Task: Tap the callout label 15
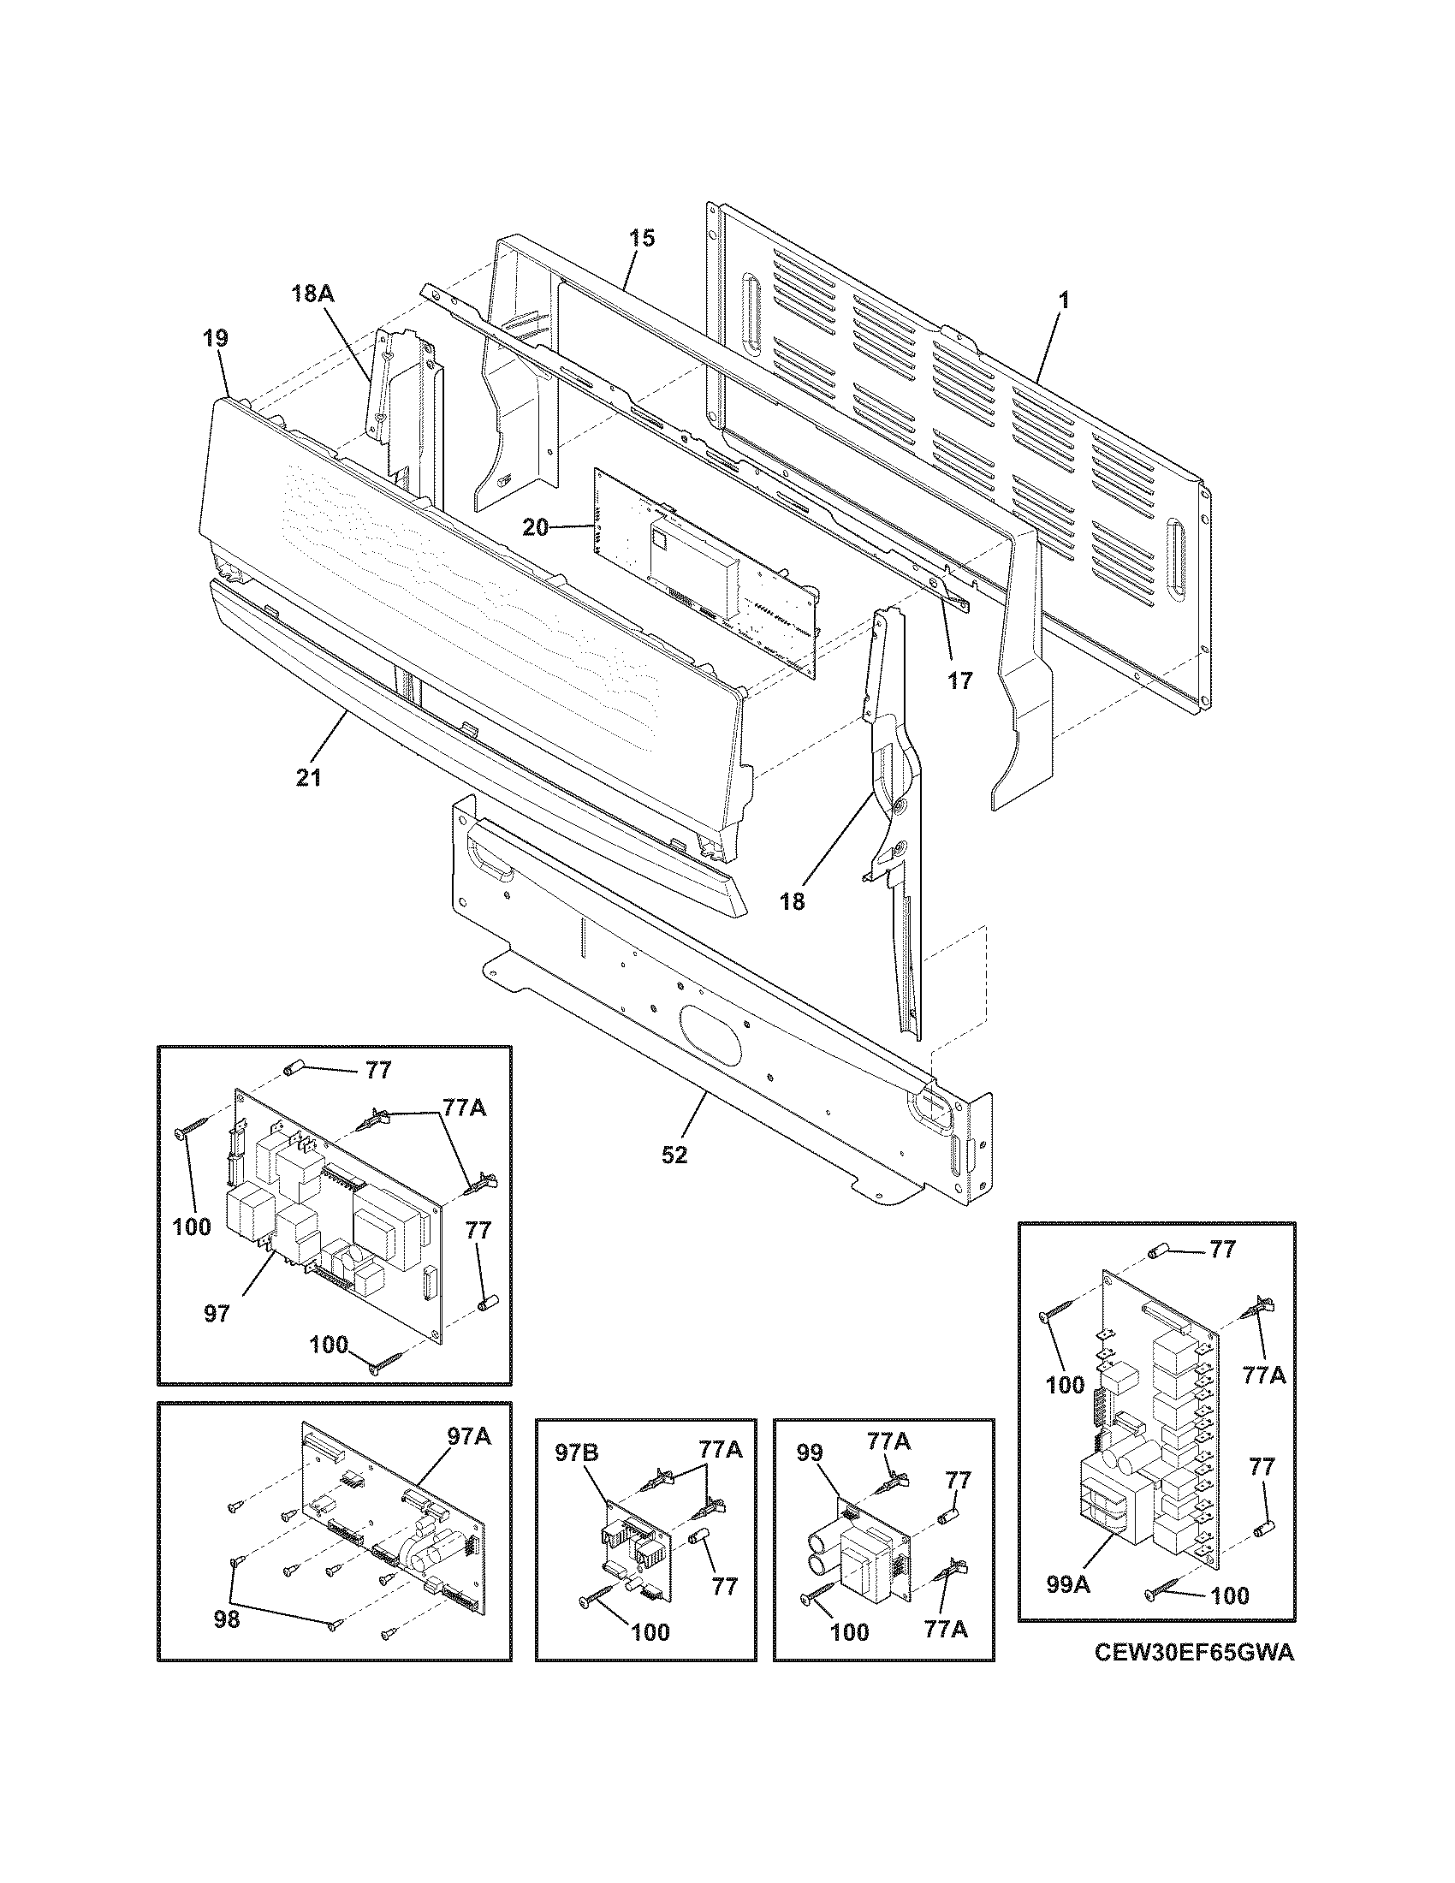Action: coord(640,238)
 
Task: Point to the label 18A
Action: coord(312,293)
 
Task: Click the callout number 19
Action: coord(216,338)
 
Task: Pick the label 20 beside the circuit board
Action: coord(535,526)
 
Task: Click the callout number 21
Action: coord(308,778)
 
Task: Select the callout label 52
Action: coord(674,1155)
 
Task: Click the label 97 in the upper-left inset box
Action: coord(217,1314)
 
